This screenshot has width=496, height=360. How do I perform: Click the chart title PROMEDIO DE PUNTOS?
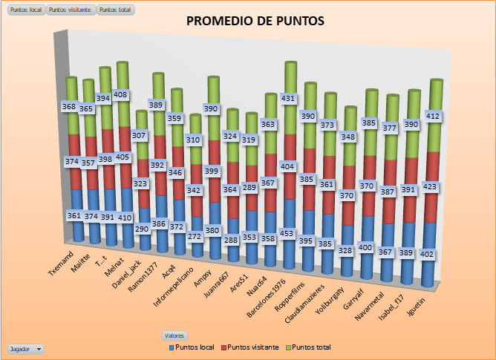pyautogui.click(x=255, y=22)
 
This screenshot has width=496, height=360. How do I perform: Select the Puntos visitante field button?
pyautogui.click(x=71, y=10)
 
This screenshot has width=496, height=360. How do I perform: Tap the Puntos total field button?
pyautogui.click(x=115, y=10)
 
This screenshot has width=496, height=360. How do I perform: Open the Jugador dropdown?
pyautogui.click(x=25, y=348)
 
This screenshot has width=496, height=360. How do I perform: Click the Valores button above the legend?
pyautogui.click(x=175, y=336)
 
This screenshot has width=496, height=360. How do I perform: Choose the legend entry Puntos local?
pyautogui.click(x=196, y=347)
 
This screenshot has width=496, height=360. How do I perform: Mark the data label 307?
pyautogui.click(x=141, y=136)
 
